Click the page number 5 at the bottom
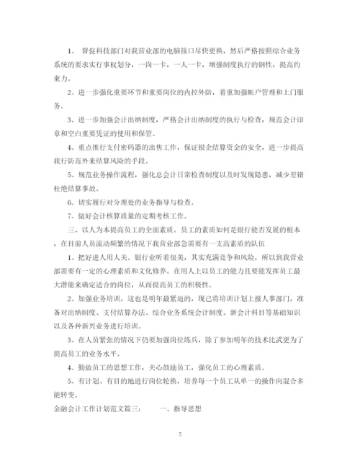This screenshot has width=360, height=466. click(180, 434)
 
